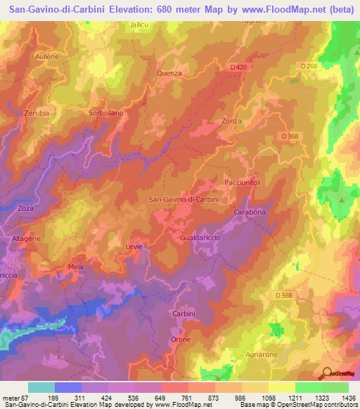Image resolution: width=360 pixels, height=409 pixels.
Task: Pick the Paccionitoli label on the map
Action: click(243, 182)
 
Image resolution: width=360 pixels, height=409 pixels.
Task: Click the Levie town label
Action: click(134, 247)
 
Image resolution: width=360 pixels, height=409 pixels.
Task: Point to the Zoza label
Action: click(26, 209)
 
